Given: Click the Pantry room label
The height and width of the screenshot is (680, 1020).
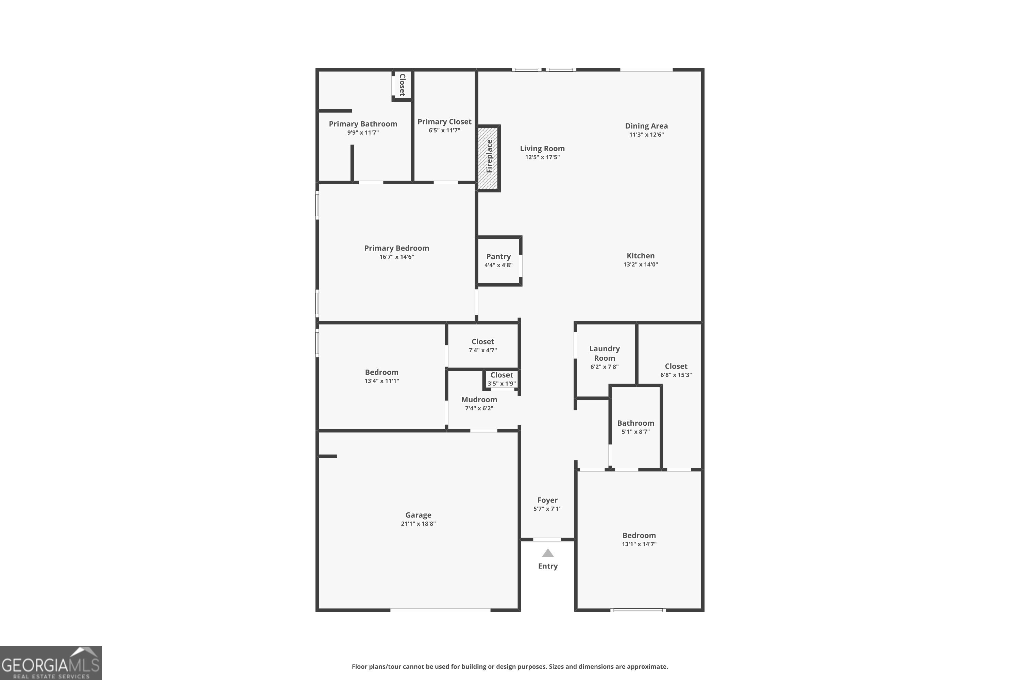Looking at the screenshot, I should tap(498, 257).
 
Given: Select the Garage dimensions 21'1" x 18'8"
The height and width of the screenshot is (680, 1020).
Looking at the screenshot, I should tap(418, 524).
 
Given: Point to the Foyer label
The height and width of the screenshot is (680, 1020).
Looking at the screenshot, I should tap(547, 500).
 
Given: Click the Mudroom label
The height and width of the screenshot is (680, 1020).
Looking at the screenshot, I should tap(479, 400).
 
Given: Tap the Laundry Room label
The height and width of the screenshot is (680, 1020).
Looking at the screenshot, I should tap(604, 353).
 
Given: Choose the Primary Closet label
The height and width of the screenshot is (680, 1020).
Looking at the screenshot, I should tap(444, 122).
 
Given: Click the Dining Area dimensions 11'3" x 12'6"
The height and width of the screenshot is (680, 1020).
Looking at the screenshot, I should tap(646, 134).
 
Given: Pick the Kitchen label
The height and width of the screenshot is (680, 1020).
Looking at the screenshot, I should tap(640, 256).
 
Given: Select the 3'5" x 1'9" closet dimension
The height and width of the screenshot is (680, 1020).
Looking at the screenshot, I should tap(501, 384).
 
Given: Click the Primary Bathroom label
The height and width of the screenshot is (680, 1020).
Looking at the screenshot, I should tap(362, 124).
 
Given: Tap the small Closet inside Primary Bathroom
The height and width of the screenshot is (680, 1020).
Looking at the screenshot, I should tap(402, 85).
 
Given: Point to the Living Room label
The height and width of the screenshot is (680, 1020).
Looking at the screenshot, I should tap(542, 148).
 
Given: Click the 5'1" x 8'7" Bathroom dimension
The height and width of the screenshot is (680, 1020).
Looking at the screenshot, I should tap(635, 431).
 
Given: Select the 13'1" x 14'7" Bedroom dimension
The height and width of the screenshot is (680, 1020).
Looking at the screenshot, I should tap(639, 544).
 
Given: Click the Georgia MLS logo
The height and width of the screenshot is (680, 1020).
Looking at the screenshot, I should tap(51, 663).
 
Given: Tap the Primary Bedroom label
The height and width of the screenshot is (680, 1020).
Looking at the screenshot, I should tap(396, 248).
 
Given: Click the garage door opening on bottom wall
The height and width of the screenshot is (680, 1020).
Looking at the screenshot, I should tap(440, 610).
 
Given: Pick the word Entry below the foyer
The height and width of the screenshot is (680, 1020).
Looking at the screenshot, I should tap(548, 566).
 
